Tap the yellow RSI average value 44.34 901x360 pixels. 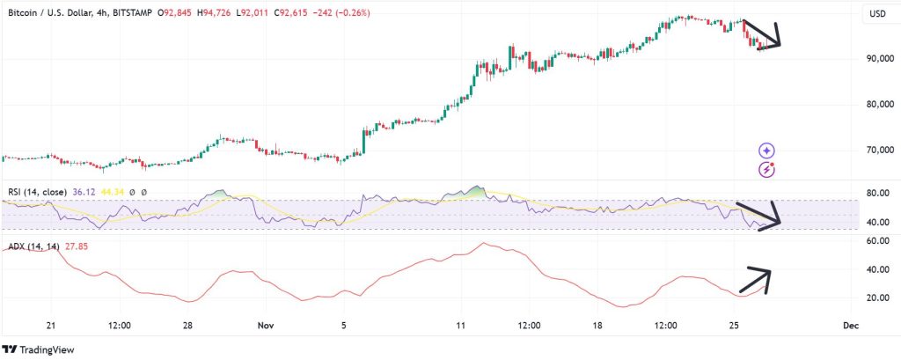(111, 192)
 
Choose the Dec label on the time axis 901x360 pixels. (850, 325)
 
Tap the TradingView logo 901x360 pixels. (40, 348)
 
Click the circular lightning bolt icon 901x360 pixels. (768, 169)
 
